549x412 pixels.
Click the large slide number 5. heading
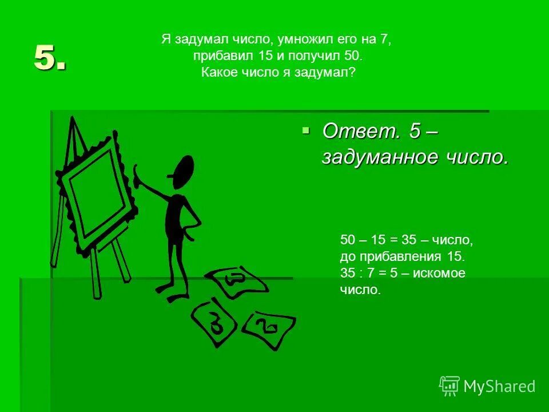(50, 57)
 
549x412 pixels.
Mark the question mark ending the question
(352, 73)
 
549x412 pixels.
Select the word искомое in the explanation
(439, 274)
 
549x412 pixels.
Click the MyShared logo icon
(449, 386)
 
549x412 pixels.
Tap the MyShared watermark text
(499, 387)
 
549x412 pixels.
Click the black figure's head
(183, 171)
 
